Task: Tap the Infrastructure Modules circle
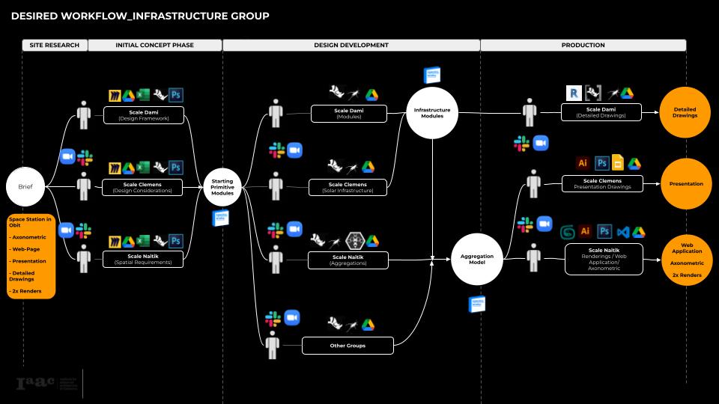click(x=432, y=113)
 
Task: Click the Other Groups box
click(x=348, y=346)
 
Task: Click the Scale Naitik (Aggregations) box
click(x=348, y=260)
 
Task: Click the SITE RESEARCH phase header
click(x=54, y=46)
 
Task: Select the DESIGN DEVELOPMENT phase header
click(x=351, y=46)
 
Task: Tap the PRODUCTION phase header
click(x=583, y=46)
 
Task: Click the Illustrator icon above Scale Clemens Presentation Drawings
click(x=583, y=164)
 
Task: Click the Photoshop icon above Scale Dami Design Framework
click(x=176, y=95)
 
